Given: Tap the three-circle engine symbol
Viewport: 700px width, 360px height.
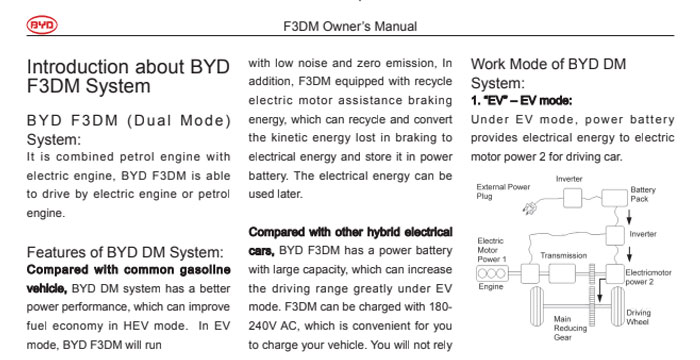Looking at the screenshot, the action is pyautogui.click(x=490, y=273).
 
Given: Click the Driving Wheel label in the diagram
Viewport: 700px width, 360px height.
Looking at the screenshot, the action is pyautogui.click(x=638, y=317).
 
